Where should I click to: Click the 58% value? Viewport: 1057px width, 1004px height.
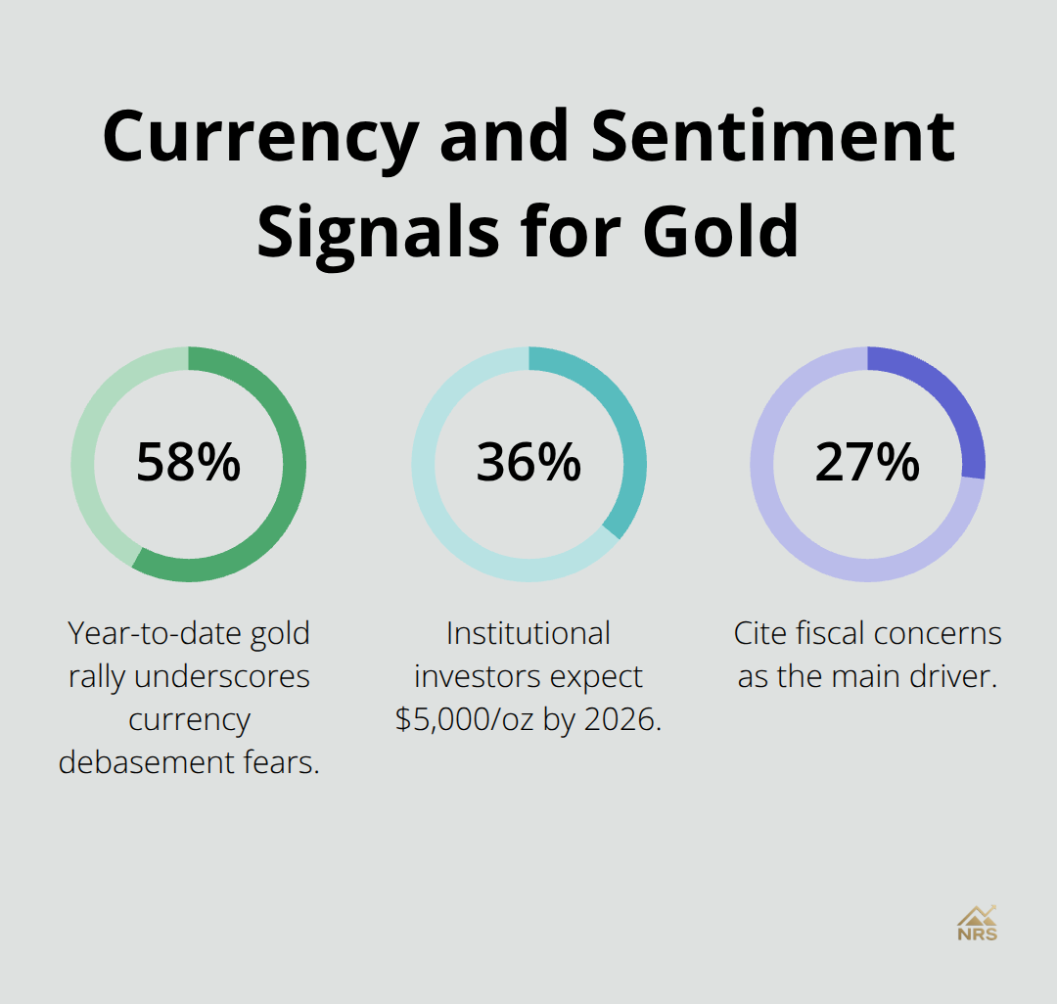pyautogui.click(x=188, y=463)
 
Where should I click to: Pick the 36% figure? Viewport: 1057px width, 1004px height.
pyautogui.click(x=528, y=463)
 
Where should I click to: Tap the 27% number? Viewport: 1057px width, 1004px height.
pyautogui.click(x=867, y=463)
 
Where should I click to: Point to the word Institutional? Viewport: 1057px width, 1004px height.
pyautogui.click(x=528, y=633)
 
